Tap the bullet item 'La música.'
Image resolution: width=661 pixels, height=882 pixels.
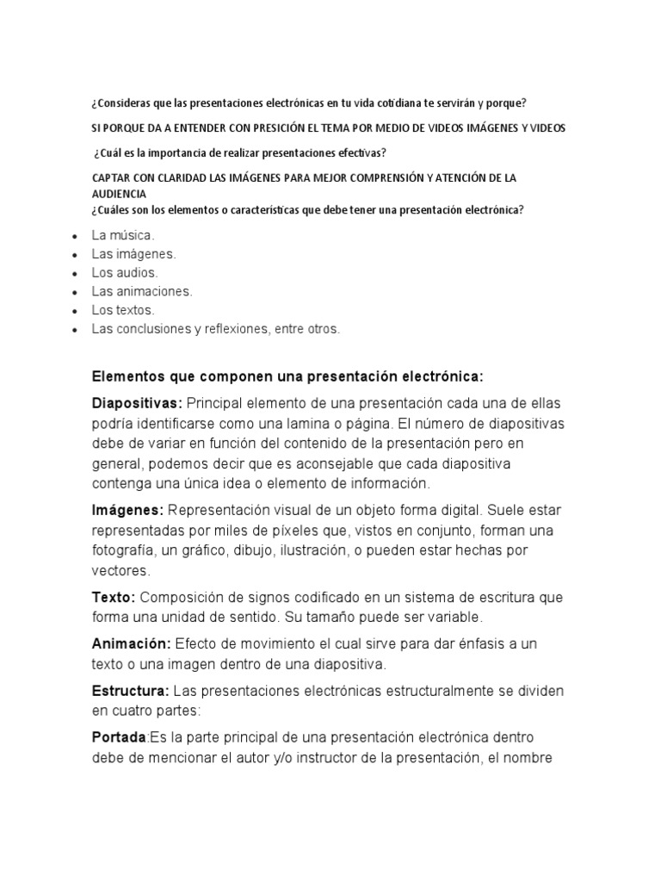click(x=123, y=234)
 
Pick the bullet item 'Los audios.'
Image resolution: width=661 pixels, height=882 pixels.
click(x=125, y=272)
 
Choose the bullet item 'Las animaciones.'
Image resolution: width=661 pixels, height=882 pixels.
click(x=142, y=291)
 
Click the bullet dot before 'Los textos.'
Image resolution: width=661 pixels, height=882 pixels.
click(x=77, y=311)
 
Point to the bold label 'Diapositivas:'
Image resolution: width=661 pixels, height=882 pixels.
click(x=137, y=403)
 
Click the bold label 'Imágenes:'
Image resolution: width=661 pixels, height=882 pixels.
click(x=127, y=510)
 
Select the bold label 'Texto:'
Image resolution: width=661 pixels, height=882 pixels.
click(x=114, y=597)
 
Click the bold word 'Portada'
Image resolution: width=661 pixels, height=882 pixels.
click(x=120, y=737)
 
